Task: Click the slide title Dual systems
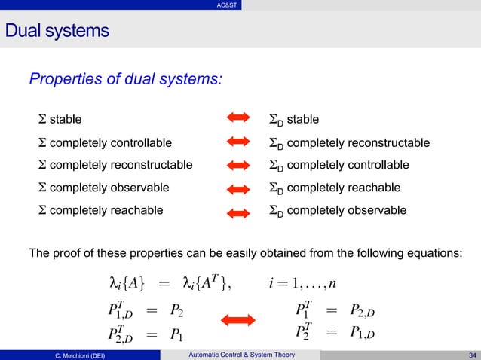57,32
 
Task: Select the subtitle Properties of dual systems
125,78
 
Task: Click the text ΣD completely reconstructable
349,142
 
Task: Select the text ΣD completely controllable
339,165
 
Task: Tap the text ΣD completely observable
338,210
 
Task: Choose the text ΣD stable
294,119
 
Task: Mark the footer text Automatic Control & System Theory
240,355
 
